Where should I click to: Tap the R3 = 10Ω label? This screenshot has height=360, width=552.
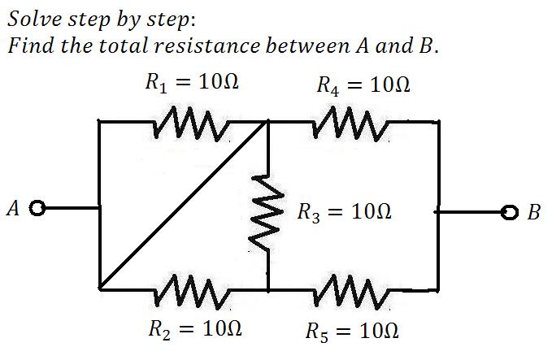click(344, 215)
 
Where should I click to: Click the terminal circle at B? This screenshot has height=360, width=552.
click(511, 214)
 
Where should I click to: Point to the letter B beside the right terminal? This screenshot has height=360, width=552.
click(534, 215)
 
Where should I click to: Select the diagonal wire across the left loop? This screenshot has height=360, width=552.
click(183, 206)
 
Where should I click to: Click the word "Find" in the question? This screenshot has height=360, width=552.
click(29, 45)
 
